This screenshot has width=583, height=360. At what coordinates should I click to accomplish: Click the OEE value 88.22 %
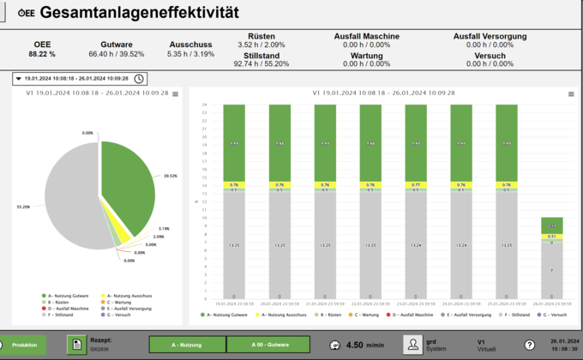[x=42, y=54]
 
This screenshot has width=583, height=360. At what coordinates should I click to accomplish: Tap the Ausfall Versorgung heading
[x=490, y=36]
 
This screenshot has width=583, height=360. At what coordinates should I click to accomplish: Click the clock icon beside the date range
[x=139, y=78]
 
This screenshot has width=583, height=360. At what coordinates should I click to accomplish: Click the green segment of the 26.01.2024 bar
[x=551, y=225]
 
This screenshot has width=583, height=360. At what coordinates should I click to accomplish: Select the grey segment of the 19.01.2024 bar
[x=233, y=244]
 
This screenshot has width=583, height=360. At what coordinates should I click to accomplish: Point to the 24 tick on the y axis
[x=205, y=105]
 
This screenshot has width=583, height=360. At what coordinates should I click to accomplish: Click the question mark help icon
[x=530, y=345]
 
